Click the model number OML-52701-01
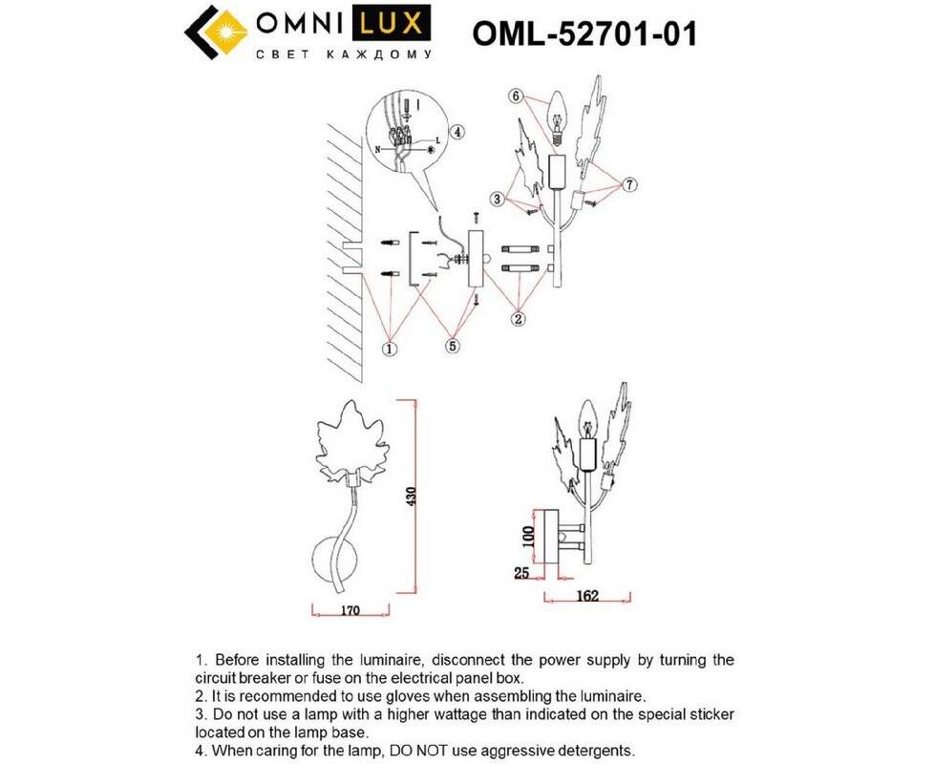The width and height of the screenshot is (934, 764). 584,33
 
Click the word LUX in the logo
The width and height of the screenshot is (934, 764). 393,24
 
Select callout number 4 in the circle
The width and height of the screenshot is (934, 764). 456,132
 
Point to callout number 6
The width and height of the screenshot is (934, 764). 517,95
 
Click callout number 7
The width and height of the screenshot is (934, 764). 629,184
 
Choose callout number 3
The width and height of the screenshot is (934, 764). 498,199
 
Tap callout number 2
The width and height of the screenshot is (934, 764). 519,319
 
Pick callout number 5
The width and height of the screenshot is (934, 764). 453,346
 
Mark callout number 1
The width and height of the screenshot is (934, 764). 389,349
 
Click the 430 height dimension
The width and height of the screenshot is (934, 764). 411,496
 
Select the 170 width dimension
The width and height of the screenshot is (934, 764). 350,610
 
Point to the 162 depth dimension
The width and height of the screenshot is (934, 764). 588,596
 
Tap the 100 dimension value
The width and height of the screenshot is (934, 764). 526,537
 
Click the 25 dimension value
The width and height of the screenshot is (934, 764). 521,573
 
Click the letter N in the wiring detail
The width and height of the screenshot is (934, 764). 377,150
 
